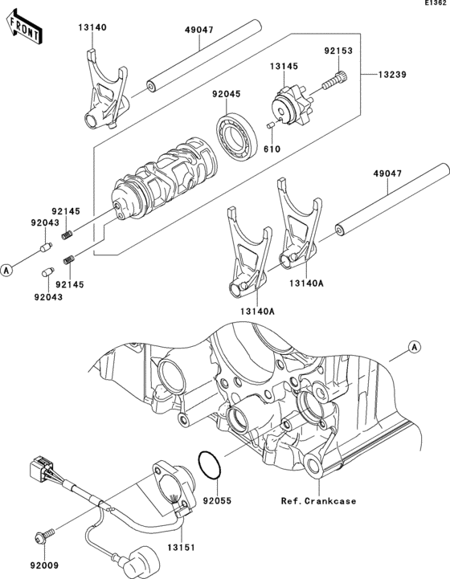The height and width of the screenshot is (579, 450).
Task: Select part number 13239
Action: point(392,75)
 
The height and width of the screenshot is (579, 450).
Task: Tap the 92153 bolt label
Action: point(338,51)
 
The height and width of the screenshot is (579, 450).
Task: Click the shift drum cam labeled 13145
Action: point(292,105)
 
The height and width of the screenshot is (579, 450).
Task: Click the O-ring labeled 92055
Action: point(210,465)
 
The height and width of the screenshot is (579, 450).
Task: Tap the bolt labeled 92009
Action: point(44,536)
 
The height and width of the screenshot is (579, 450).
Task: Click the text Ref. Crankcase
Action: point(318,501)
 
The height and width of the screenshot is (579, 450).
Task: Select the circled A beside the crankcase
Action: point(415,347)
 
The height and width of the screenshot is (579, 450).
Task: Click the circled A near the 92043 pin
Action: point(6,271)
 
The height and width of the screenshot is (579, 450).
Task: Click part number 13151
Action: point(181,547)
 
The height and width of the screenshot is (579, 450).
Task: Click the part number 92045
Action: point(226,94)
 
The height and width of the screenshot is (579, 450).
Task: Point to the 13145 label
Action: point(284,66)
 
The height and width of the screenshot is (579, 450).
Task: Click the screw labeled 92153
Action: point(335,80)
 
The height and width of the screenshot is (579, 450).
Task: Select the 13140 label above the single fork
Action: point(92,27)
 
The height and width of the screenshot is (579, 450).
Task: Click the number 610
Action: point(272,149)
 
